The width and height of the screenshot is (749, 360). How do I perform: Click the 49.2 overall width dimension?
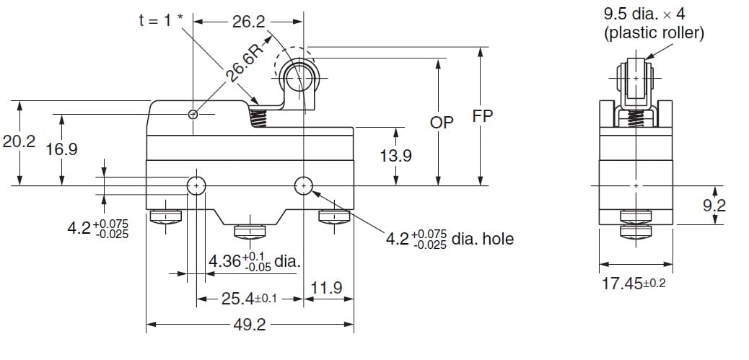[250, 325]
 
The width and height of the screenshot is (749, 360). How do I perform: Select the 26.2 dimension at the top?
[249, 22]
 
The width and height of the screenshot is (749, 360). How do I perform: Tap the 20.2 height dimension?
[19, 142]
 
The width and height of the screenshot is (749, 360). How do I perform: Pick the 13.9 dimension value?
[395, 155]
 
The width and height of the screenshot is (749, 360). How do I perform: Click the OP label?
[442, 123]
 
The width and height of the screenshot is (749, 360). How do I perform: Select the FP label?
[483, 115]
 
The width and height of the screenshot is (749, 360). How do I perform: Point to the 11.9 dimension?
[326, 289]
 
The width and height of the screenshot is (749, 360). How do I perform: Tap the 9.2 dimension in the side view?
[714, 206]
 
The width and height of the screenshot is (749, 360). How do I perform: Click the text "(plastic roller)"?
[654, 32]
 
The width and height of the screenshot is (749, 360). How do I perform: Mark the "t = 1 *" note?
[161, 21]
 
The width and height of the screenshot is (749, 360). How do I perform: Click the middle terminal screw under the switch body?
[250, 231]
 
